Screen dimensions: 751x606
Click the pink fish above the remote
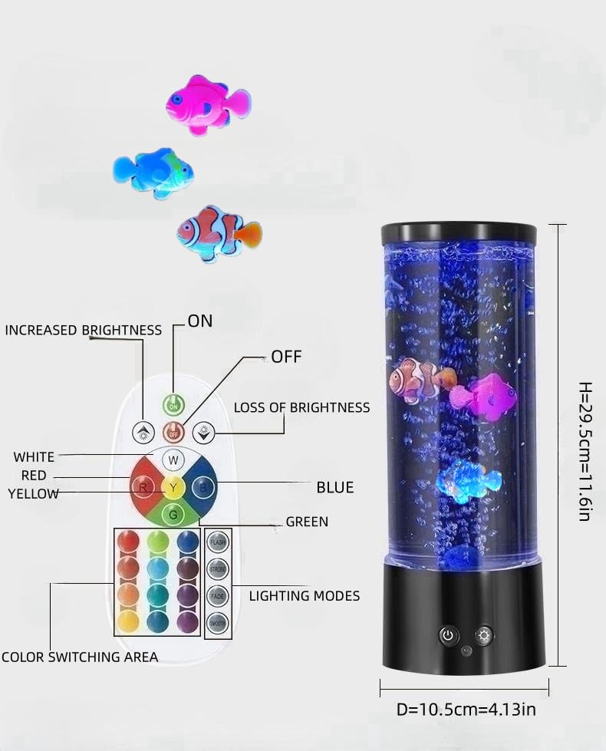pyautogui.click(x=206, y=104)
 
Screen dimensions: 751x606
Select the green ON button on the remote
pyautogui.click(x=173, y=403)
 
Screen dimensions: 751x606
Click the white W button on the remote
pyautogui.click(x=173, y=461)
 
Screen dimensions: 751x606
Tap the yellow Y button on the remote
pyautogui.click(x=173, y=488)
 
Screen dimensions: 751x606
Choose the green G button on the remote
pyautogui.click(x=173, y=514)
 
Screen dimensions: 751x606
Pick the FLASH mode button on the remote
pyautogui.click(x=218, y=542)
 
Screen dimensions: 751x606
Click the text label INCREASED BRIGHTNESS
pyautogui.click(x=84, y=330)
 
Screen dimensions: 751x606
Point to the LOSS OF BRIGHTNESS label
pyautogui.click(x=301, y=407)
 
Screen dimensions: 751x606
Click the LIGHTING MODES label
pyautogui.click(x=305, y=595)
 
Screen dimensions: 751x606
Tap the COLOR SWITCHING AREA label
pyautogui.click(x=80, y=657)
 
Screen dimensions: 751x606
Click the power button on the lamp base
pyautogui.click(x=448, y=635)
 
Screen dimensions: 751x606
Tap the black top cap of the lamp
pyautogui.click(x=459, y=232)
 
